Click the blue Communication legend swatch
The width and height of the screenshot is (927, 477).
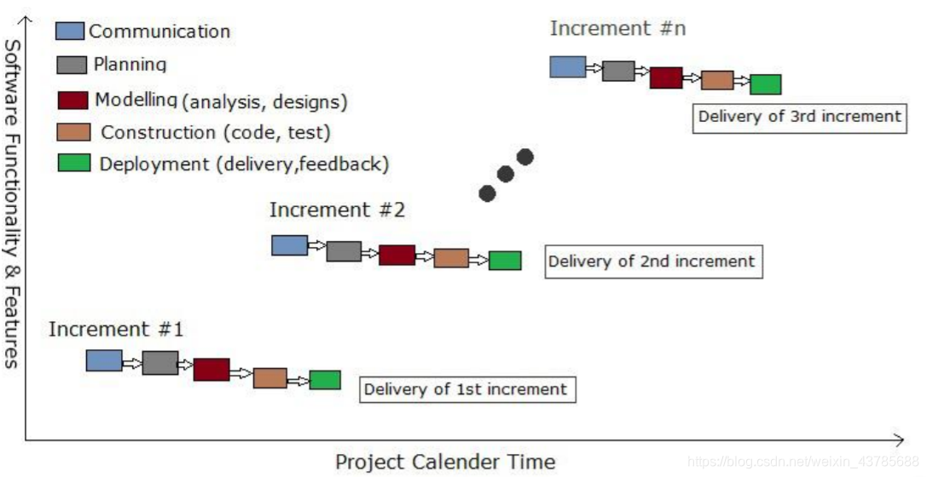[70, 31]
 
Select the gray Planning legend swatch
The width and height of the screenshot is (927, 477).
[72, 65]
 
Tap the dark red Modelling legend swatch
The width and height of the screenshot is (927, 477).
[73, 100]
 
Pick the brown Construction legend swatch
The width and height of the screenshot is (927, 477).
[73, 133]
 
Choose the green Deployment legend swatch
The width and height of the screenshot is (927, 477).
[74, 162]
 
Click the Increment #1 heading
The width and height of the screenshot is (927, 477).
[116, 330]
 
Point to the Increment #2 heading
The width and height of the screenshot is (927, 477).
[337, 210]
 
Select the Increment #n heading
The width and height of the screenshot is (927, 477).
[617, 28]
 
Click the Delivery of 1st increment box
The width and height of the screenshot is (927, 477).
[466, 389]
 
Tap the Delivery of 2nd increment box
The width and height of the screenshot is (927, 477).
[652, 261]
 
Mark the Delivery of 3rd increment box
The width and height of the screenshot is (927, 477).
[799, 117]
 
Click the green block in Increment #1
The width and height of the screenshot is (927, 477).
[325, 380]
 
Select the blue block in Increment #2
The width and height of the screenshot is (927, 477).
[289, 245]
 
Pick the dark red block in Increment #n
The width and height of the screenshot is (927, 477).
[666, 78]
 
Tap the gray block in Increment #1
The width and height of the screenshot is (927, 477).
[160, 363]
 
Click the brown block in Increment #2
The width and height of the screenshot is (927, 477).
[451, 258]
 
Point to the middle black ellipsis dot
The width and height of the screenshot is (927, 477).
[506, 175]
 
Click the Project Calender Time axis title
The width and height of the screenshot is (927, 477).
[445, 463]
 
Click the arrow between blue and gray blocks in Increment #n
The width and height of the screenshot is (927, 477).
[594, 68]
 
